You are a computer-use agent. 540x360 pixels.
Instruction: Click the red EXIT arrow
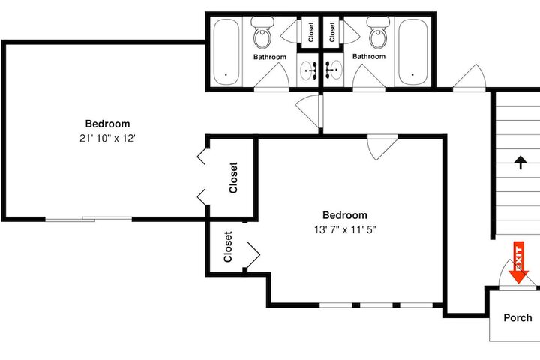click(x=519, y=262)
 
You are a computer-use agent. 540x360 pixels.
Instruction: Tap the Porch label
click(x=517, y=318)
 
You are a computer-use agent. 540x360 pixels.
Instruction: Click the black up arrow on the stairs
click(x=520, y=162)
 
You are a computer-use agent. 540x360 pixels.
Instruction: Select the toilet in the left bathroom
click(x=262, y=33)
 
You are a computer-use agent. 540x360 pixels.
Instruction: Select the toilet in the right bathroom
click(x=378, y=33)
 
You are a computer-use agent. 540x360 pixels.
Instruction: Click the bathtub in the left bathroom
click(x=226, y=52)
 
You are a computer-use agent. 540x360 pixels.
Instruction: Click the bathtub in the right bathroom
click(x=413, y=52)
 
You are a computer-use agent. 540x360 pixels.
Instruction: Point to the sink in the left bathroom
click(x=308, y=70)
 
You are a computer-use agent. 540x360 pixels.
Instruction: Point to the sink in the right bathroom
click(x=333, y=70)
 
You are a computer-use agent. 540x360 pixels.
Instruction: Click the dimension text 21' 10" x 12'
click(x=107, y=139)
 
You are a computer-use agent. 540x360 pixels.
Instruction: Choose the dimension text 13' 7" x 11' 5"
click(x=345, y=229)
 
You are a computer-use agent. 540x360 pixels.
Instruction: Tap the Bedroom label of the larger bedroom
click(x=107, y=124)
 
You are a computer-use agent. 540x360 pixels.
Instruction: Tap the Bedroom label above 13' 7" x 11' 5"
click(x=345, y=215)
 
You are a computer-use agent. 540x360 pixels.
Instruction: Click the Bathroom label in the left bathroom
click(x=270, y=57)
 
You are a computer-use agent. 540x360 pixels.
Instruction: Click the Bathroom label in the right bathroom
click(x=369, y=56)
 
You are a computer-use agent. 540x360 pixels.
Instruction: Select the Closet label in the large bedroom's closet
click(x=233, y=178)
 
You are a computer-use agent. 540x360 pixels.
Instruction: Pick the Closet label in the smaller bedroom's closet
click(x=228, y=247)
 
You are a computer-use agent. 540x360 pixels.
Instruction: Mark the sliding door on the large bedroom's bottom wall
click(x=88, y=219)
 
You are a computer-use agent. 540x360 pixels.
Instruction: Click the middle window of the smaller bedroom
click(x=376, y=305)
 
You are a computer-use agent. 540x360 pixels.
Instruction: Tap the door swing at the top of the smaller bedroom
click(x=382, y=148)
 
